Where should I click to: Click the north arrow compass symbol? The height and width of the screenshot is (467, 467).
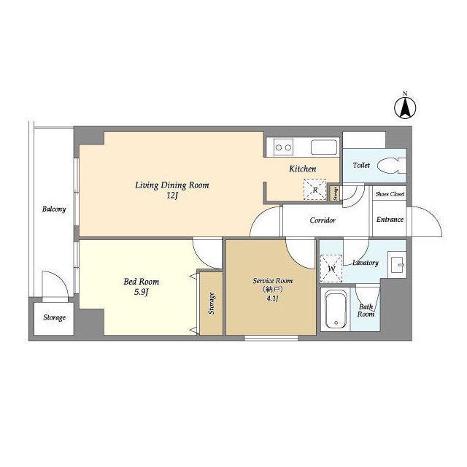(405, 107)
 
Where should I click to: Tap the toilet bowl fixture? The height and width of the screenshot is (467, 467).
(391, 166)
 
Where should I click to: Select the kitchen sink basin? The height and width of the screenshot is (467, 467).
(324, 147)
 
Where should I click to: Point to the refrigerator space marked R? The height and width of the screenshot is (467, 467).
(314, 190)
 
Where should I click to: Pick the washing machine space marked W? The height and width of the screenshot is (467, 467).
(331, 269)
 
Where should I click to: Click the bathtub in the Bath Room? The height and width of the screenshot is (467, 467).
(336, 309)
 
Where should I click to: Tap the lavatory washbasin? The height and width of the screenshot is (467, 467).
(397, 263)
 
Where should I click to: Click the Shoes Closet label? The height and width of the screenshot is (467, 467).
(390, 194)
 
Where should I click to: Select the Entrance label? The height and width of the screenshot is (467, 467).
(390, 220)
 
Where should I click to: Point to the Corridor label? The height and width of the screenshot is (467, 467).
(323, 220)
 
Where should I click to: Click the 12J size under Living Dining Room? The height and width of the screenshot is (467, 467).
(172, 196)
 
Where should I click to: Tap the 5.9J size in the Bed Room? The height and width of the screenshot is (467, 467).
(141, 293)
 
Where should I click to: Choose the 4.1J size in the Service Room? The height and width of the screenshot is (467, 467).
(272, 298)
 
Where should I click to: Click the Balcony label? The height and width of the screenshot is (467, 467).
(53, 209)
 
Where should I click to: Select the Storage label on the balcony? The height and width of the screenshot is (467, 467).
(54, 318)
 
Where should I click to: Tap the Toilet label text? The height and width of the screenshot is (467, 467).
(361, 165)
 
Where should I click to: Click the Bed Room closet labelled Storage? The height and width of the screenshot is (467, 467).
(211, 304)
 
